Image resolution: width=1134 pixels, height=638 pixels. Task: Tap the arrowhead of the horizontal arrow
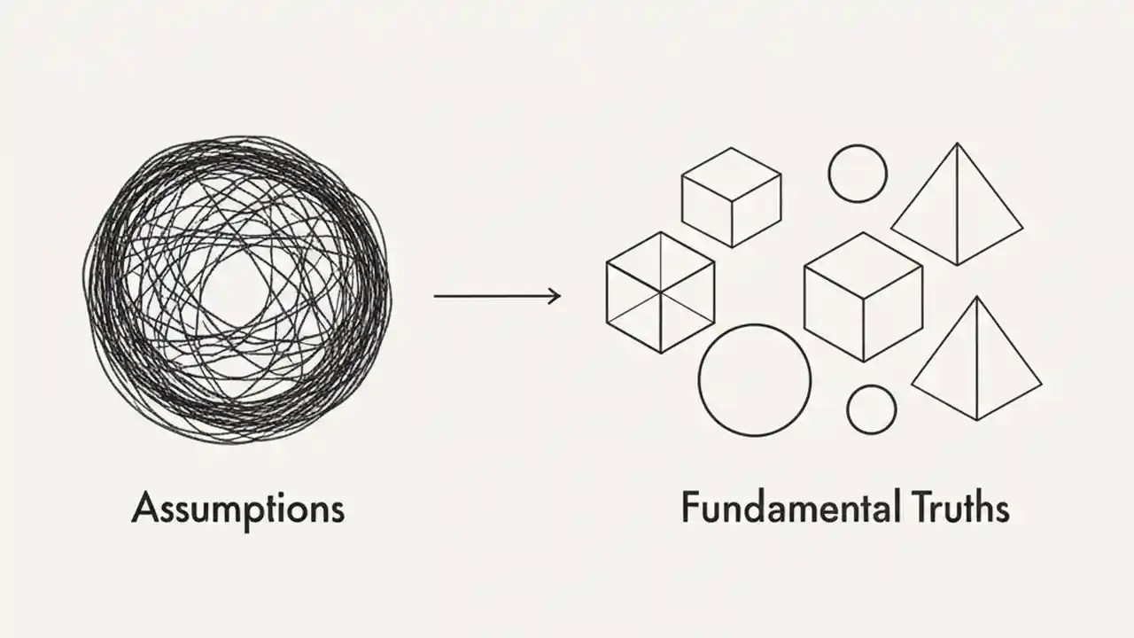coord(556,296)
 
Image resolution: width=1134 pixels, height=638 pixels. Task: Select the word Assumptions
coord(237,510)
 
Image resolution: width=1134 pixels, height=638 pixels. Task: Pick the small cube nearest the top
coord(731,197)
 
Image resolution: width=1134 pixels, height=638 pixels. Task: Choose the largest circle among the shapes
coord(755,380)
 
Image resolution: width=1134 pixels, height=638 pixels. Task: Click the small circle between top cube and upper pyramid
coord(858,174)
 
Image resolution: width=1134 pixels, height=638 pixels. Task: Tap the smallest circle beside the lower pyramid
coord(872,409)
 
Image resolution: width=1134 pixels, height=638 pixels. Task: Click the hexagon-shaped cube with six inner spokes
coord(660,292)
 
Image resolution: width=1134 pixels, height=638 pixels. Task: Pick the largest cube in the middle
coord(863,296)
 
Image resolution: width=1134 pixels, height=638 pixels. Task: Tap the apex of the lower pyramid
coord(977,298)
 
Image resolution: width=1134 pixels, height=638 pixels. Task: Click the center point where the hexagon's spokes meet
coord(661,292)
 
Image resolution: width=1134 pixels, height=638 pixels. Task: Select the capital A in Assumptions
coord(144,510)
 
